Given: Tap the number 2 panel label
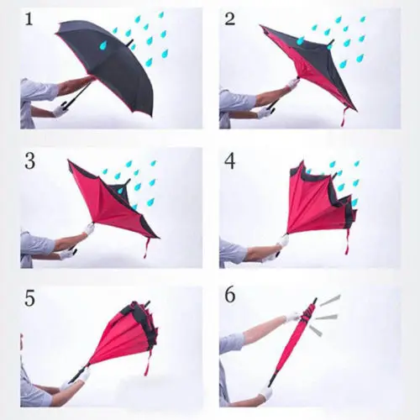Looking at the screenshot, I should pos(228,19).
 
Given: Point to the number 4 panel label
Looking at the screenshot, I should pos(229,160).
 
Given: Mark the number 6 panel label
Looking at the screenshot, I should pos(229,298).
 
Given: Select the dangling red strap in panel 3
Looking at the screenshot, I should pos(148,246).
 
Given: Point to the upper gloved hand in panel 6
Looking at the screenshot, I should pos(292,318).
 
